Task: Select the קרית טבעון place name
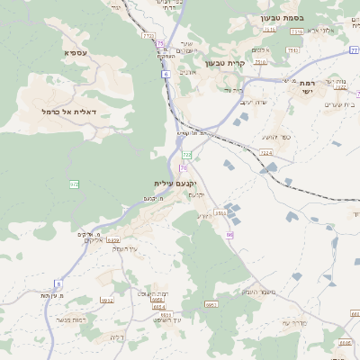coord(226,62)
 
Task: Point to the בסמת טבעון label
coord(282,18)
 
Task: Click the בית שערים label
coord(339,105)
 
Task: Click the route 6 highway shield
coord(166,74)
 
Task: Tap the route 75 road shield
coord(160,43)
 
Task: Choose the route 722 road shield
coord(187,156)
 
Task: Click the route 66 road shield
coord(229,235)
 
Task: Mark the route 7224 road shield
coord(265,154)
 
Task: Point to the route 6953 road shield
coord(212,304)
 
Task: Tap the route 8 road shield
coord(58,283)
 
